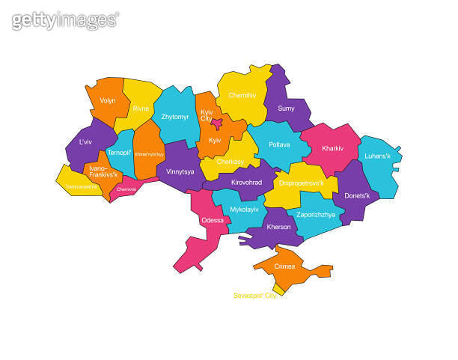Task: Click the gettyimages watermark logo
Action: point(65,20)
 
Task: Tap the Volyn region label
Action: point(106,100)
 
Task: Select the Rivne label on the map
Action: point(141,109)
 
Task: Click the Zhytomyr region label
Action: point(175,117)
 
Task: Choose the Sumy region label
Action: point(286,109)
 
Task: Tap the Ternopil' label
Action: point(120,153)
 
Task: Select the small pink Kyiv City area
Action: point(216,123)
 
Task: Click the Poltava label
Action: point(279,144)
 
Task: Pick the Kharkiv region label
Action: point(332,148)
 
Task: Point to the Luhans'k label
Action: point(379,156)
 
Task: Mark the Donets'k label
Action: point(356,195)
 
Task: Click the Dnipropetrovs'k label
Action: point(301,182)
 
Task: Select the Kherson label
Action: point(278,227)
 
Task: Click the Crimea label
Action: point(284,266)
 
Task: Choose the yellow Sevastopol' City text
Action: point(255,296)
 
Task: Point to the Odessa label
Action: point(212,220)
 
